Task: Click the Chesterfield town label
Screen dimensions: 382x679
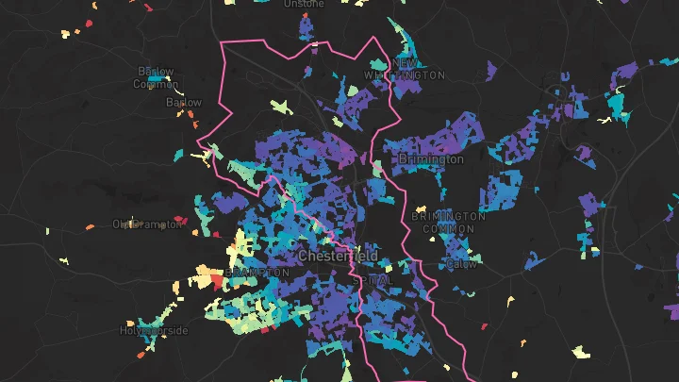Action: point(338,256)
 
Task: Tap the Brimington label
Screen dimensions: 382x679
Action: point(431,159)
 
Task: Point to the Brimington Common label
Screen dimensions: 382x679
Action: point(449,223)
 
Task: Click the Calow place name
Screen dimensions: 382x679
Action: point(462,264)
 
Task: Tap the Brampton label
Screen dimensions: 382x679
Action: point(257,272)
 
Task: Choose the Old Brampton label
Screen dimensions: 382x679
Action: point(146,224)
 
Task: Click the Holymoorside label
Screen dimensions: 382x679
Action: point(154,331)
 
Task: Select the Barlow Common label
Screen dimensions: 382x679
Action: point(156,77)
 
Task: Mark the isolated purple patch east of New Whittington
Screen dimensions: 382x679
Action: point(491,69)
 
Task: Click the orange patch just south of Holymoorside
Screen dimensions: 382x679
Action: point(143,355)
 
